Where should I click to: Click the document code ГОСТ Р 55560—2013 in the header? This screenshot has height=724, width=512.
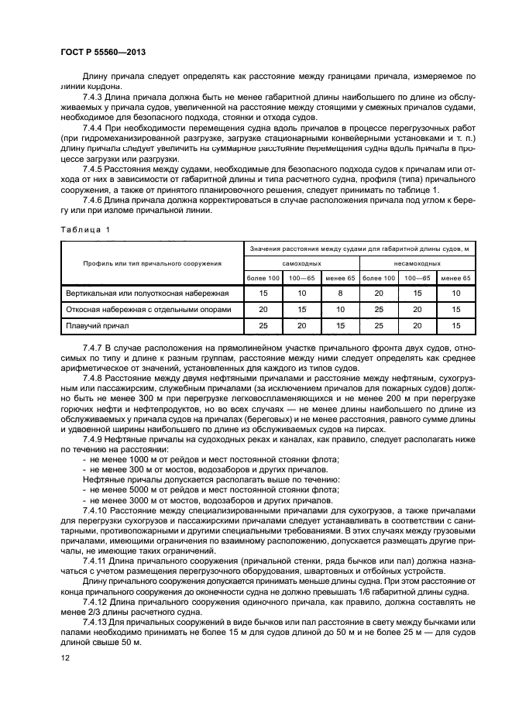coord(103,52)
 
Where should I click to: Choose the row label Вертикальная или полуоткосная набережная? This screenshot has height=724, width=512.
coord(146,293)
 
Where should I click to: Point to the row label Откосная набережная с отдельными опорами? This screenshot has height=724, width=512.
coord(147,310)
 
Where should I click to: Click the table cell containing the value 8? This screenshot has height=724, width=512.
coord(340,293)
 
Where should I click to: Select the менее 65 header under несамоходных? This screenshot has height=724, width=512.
coord(455,278)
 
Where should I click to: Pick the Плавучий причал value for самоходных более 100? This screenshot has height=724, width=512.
coord(263,326)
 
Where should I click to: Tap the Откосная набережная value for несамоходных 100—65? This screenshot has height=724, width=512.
coord(418,310)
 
